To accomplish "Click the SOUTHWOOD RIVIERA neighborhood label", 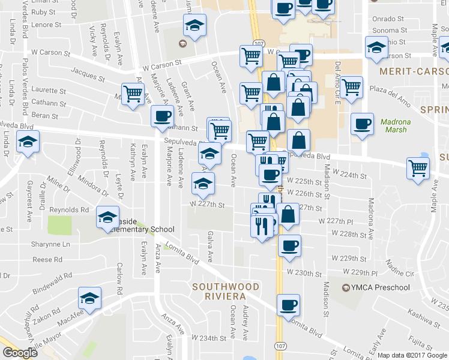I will [x=219, y=292].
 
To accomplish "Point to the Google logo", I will [x=20, y=353].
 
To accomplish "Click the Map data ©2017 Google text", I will [x=412, y=355].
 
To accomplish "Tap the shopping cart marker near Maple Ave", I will [x=418, y=168].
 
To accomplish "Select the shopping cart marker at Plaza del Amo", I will [x=351, y=87].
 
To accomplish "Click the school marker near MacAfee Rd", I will [x=89, y=298].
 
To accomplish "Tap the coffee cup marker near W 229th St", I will [x=289, y=245].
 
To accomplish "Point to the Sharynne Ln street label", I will [x=51, y=244].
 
